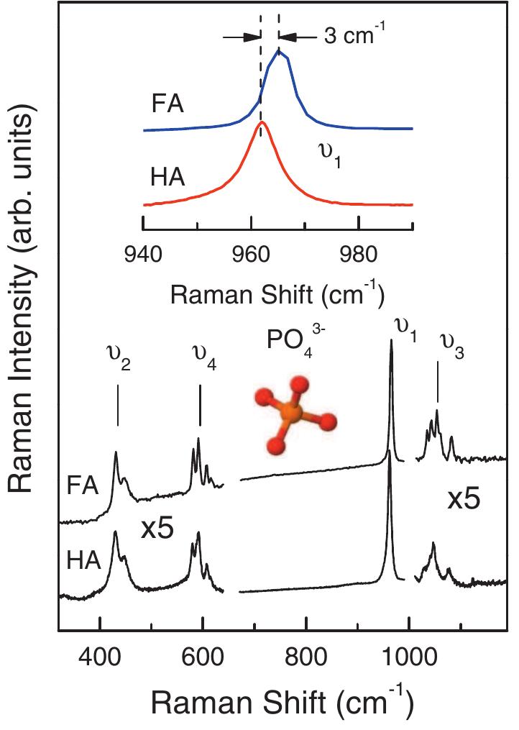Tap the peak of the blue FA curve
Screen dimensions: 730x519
point(279,50)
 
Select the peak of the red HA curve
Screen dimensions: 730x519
point(262,123)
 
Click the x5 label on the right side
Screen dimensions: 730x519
point(464,501)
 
